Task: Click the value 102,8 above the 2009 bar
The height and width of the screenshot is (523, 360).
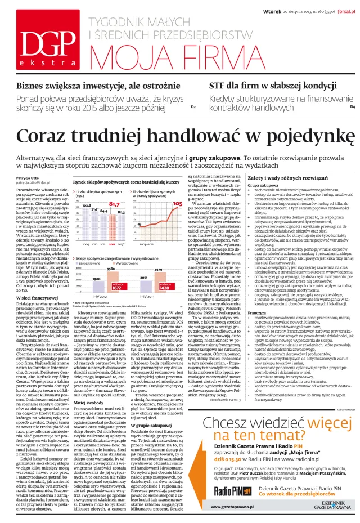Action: click(x=87, y=206)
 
